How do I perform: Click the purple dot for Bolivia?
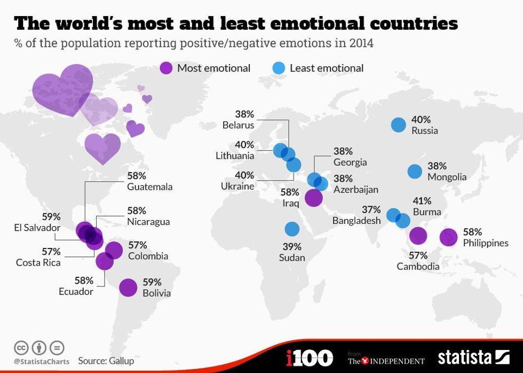[x=128, y=287]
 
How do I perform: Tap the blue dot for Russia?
[x=398, y=125]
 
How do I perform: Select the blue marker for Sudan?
[x=292, y=229]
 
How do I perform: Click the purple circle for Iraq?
[x=313, y=198]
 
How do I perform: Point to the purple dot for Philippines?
[x=448, y=237]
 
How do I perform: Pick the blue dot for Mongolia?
[x=415, y=172]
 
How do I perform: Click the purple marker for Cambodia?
[x=418, y=235]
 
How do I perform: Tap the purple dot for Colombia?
[x=114, y=250]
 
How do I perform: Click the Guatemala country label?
[x=149, y=187]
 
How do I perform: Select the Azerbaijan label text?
[x=355, y=189]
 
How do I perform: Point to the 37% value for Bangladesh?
[x=370, y=209]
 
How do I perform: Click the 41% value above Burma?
[x=422, y=201]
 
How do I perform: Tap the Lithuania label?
[x=235, y=156]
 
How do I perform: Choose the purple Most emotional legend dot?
[x=166, y=68]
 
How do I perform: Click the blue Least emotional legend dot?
[x=279, y=68]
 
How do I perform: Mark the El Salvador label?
[x=37, y=228]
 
